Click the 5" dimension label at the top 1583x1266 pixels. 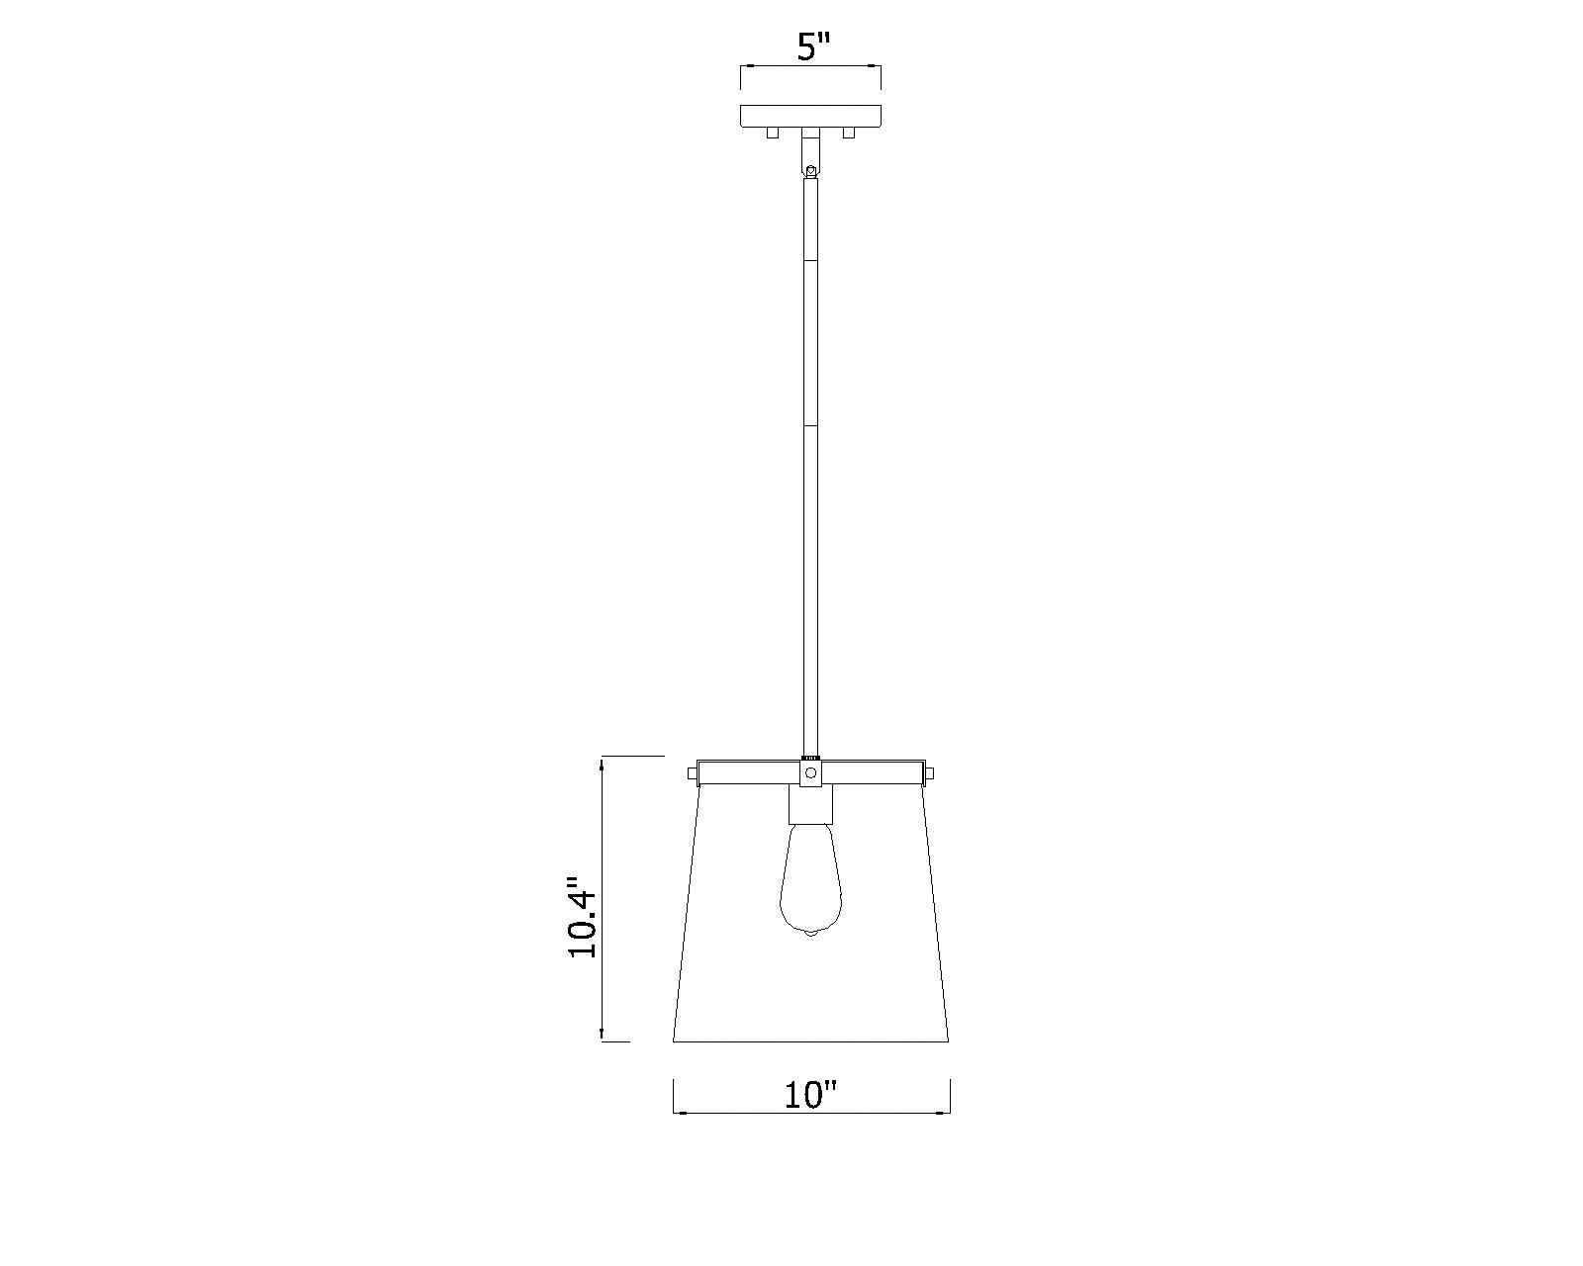[x=811, y=46]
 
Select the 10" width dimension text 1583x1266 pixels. [x=810, y=1096]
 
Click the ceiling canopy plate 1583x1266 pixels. [x=810, y=115]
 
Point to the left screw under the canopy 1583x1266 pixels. [x=774, y=133]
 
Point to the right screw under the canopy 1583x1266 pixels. [x=848, y=133]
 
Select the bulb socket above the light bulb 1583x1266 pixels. [x=810, y=806]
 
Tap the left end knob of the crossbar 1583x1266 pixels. [x=692, y=771]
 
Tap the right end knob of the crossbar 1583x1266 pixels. [x=930, y=771]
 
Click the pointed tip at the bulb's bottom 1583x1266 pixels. [x=810, y=935]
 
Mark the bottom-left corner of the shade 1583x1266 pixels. [x=674, y=1040]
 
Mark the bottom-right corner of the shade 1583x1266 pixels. [x=948, y=1040]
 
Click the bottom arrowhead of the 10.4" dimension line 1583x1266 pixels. [x=602, y=1036]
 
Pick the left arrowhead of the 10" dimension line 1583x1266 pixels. [x=679, y=1113]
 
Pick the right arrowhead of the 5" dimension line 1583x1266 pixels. [x=876, y=66]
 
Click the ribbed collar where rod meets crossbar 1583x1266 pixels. [x=810, y=758]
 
